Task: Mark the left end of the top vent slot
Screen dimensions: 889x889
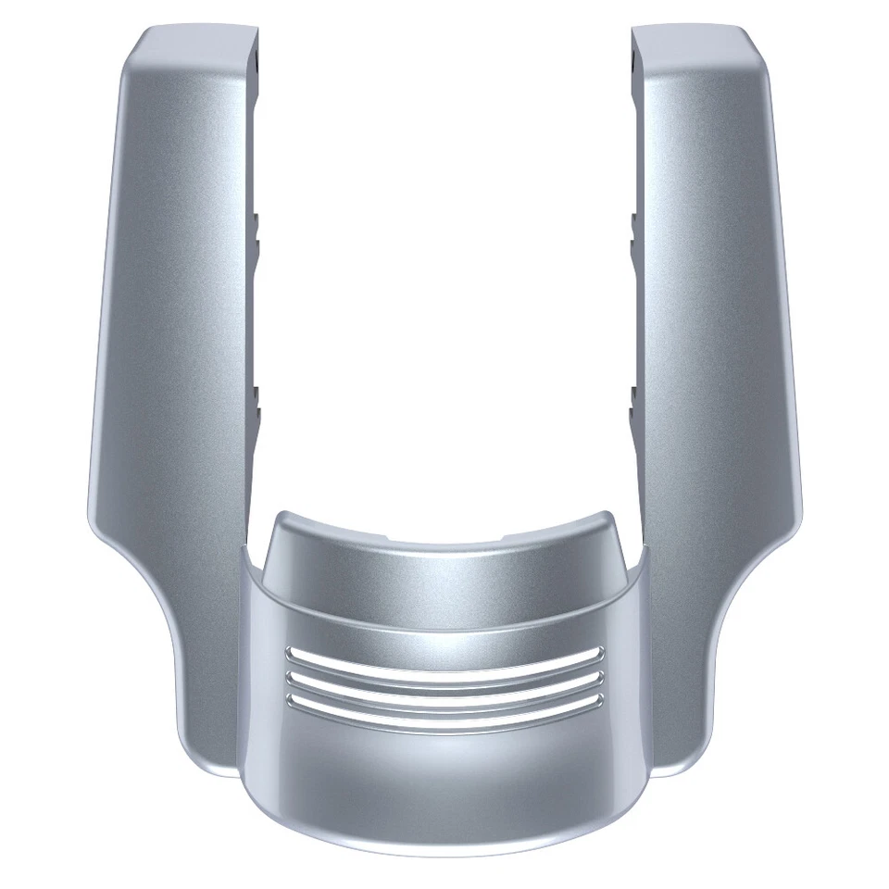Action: click(x=289, y=651)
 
